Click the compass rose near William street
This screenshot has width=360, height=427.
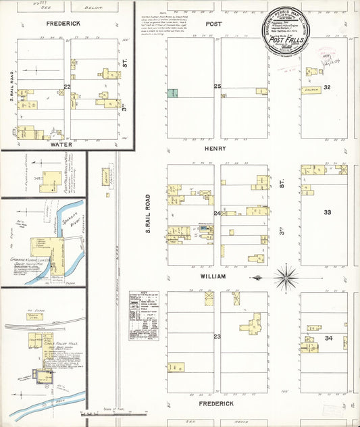[286, 276]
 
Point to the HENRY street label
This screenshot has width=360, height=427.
[216, 148]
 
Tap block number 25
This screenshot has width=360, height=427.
[217, 86]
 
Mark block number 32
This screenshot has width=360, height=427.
[328, 87]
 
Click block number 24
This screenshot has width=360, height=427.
[217, 214]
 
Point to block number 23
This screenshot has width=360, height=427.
[217, 336]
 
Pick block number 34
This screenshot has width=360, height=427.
[329, 337]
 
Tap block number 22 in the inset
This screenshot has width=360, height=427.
[67, 86]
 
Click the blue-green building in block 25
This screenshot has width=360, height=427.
[174, 93]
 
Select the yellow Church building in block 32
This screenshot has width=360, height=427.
[311, 89]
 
